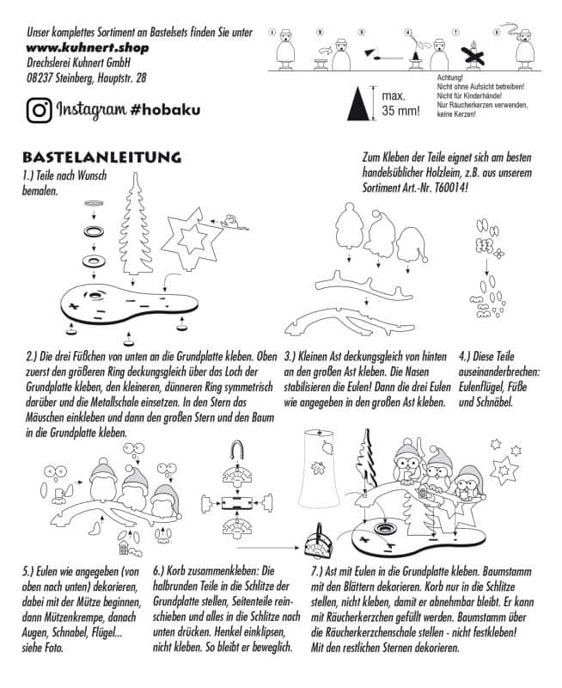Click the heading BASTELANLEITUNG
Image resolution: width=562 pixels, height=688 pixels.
(x=102, y=158)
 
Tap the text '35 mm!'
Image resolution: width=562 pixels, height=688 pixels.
(x=400, y=111)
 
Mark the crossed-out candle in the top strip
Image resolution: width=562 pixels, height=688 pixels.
(x=470, y=52)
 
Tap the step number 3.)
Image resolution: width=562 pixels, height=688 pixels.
(x=291, y=353)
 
